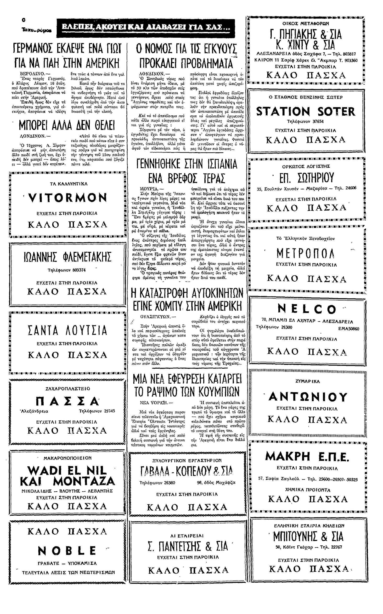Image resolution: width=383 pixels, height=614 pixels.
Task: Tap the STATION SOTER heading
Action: [306, 111]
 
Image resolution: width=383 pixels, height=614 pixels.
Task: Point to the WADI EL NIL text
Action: [67, 471]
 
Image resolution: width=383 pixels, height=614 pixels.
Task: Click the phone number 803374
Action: [79, 270]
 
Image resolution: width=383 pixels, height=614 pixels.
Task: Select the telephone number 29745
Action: [108, 411]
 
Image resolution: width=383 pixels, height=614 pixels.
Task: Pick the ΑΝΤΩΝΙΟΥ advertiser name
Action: [308, 396]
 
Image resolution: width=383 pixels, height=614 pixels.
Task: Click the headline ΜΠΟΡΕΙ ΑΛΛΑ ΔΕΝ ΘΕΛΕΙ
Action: [67, 125]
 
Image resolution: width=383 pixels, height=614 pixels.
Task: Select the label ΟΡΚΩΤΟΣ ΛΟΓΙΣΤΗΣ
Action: [306, 166]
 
